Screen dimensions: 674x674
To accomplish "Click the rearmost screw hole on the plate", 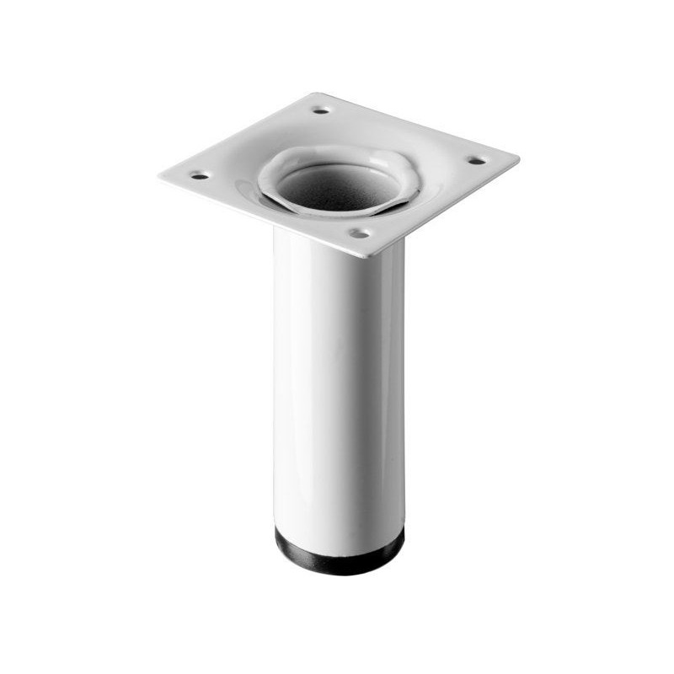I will pyautogui.click(x=321, y=110).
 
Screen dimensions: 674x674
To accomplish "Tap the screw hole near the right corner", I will pyautogui.click(x=475, y=160).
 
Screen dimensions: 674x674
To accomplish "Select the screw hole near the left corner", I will pyautogui.click(x=199, y=176).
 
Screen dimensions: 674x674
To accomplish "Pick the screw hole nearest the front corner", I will pyautogui.click(x=360, y=233).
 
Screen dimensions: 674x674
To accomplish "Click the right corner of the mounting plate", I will pyautogui.click(x=517, y=158).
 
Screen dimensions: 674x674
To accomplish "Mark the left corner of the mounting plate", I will pyautogui.click(x=160, y=174).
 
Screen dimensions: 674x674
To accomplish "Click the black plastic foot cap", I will pyautogui.click(x=340, y=553).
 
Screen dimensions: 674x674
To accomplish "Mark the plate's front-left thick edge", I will pyautogui.click(x=261, y=217).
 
